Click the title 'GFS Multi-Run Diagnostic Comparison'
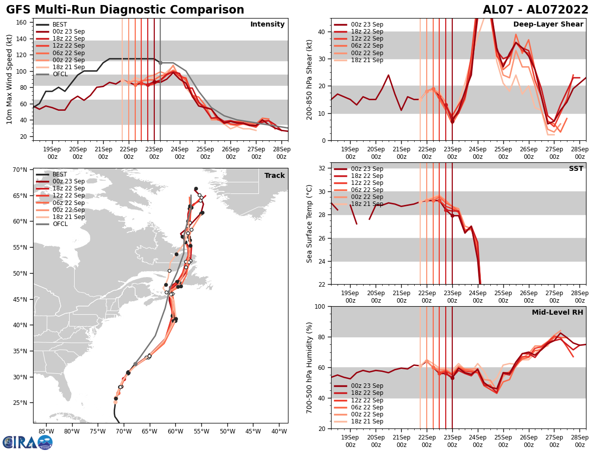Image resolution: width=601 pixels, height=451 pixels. click(125, 10)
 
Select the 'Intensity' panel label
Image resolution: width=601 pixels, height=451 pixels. click(267, 25)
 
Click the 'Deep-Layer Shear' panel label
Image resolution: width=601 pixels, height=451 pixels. click(548, 25)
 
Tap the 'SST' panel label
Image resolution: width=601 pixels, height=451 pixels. click(576, 169)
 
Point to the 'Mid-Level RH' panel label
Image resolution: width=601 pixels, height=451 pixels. click(557, 313)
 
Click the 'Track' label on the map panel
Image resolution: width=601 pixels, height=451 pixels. click(274, 176)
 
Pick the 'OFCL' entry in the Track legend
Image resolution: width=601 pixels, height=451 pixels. click(60, 224)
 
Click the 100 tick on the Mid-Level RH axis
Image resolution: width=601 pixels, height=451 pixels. click(320, 306)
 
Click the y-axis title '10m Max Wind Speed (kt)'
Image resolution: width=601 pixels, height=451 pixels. click(10, 79)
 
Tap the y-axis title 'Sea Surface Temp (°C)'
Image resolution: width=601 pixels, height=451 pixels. click(310, 223)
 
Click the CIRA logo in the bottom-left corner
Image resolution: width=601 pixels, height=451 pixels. click(28, 442)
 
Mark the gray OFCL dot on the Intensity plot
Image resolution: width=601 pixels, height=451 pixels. click(160, 63)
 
